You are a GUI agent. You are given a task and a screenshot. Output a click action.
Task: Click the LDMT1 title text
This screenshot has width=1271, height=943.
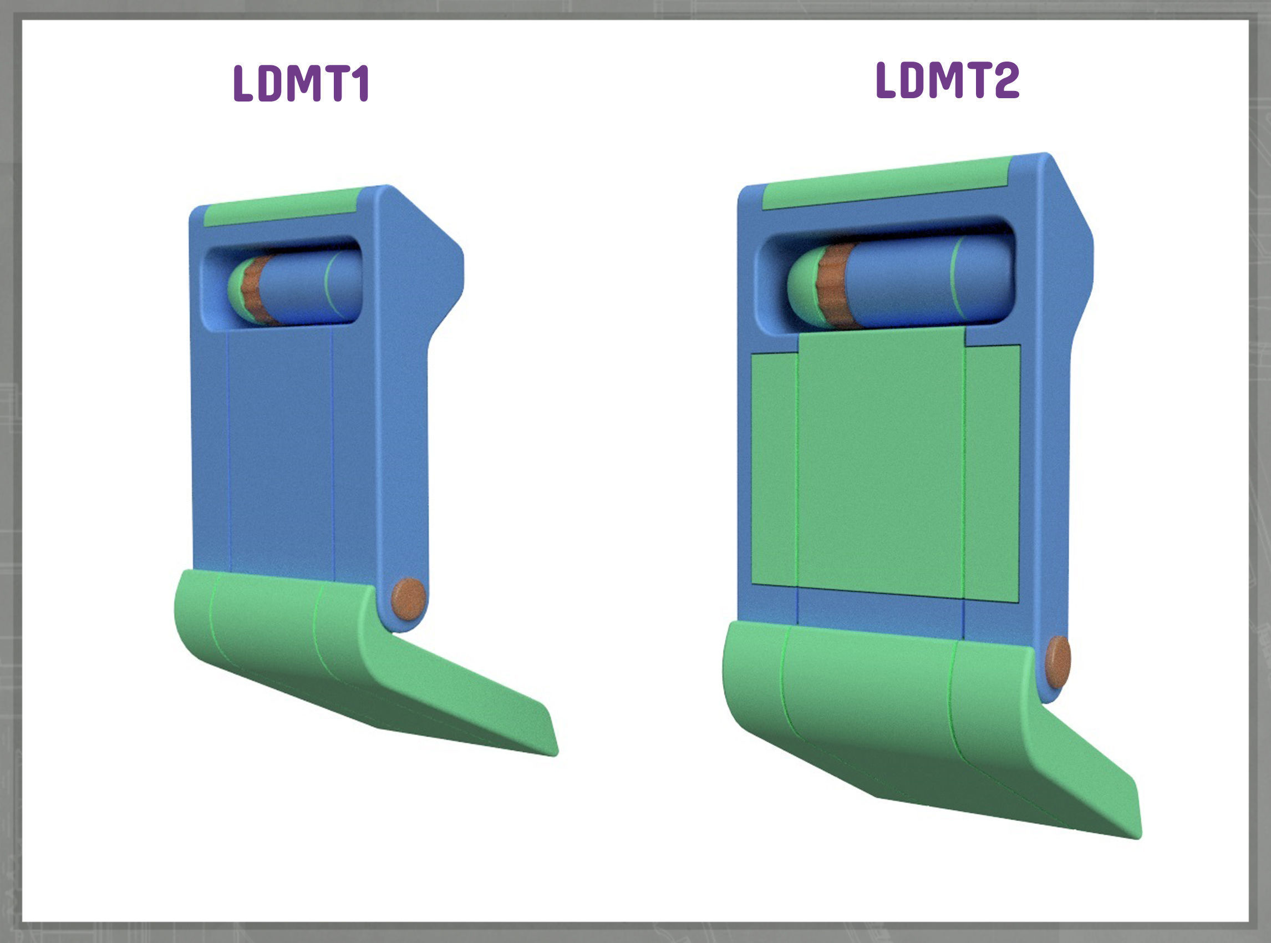[301, 84]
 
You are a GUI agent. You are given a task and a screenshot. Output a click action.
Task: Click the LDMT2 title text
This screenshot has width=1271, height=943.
[947, 80]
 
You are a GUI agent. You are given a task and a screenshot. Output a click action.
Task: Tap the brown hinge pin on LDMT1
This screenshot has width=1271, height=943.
[408, 599]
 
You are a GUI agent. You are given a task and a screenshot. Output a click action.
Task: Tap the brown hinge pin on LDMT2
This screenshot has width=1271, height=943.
[1057, 662]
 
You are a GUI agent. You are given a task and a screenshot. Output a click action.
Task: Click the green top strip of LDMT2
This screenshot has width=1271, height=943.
[884, 182]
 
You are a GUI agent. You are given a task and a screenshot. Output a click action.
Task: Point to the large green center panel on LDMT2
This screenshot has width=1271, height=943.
[880, 463]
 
